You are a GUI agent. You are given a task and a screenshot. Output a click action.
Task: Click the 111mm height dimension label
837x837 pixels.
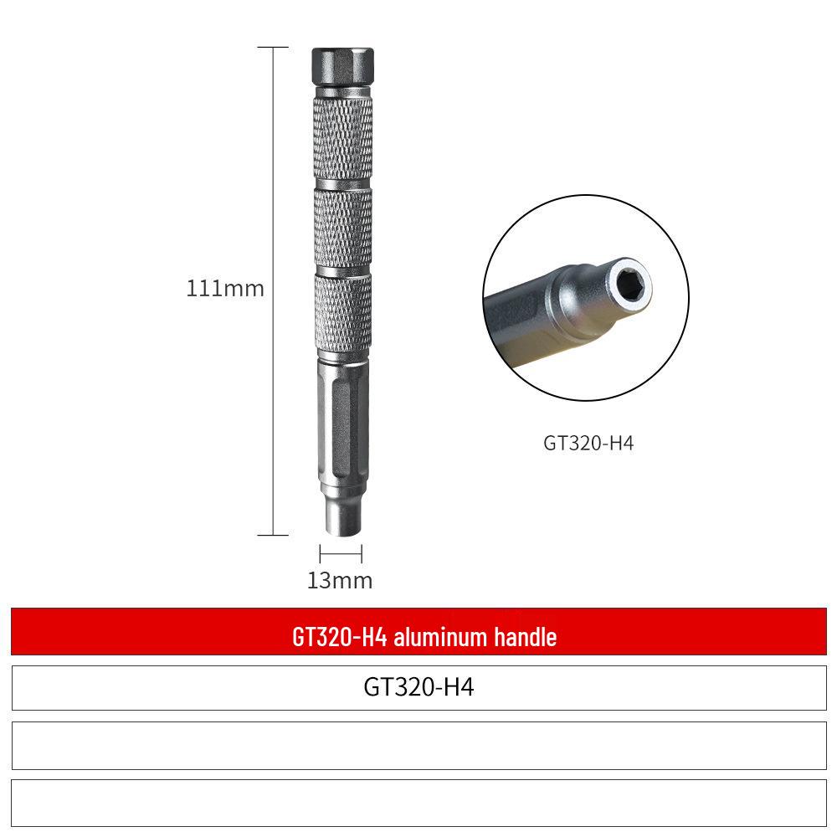coord(224,288)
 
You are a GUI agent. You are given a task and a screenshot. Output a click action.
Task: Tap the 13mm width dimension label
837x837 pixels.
coord(340,580)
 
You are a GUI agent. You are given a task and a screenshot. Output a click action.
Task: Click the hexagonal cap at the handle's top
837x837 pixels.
coord(342,65)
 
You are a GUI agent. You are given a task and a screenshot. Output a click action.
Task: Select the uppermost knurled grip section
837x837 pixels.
coord(342,138)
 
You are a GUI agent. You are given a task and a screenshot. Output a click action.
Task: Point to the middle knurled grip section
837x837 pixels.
coord(342,229)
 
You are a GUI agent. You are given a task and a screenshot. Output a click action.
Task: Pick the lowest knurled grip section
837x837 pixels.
coord(342,312)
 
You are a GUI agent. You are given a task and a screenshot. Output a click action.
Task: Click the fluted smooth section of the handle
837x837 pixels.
coord(341,421)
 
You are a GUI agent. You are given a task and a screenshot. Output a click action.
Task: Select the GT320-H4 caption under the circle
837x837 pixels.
coord(588,443)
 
